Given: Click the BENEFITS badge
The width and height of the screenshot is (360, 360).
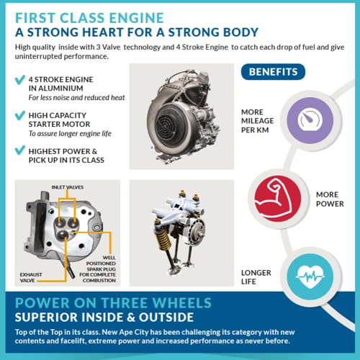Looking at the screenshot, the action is click(x=273, y=72).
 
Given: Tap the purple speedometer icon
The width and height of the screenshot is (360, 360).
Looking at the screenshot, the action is click(x=310, y=120).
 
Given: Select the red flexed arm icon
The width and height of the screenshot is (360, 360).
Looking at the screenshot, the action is click(x=278, y=199).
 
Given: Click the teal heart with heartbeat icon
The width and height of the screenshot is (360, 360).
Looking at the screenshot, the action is click(x=310, y=276).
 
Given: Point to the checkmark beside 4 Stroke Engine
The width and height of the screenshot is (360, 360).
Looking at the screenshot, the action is click(x=20, y=80).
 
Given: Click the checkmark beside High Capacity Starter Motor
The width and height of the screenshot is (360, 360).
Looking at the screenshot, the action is click(x=20, y=115).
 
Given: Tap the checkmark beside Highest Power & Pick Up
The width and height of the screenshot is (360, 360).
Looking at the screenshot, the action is click(x=20, y=150).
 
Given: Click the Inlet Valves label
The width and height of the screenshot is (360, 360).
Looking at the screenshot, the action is click(x=68, y=187).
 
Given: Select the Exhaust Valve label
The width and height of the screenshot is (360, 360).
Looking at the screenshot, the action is click(x=31, y=277).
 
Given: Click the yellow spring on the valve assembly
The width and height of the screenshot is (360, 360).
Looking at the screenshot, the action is click(x=163, y=240).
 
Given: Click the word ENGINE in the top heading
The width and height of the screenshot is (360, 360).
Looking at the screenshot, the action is click(x=136, y=18).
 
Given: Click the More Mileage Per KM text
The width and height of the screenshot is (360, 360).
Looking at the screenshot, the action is click(x=257, y=121).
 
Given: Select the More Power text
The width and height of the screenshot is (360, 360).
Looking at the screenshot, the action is click(x=330, y=199).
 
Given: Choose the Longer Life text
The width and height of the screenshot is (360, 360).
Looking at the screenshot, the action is click(x=256, y=277).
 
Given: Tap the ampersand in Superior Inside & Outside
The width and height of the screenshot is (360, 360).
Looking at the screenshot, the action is click(x=131, y=318).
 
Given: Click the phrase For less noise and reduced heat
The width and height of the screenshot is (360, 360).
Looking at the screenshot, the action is click(x=76, y=98).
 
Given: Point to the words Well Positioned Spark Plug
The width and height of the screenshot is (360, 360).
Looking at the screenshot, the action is click(x=101, y=264).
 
